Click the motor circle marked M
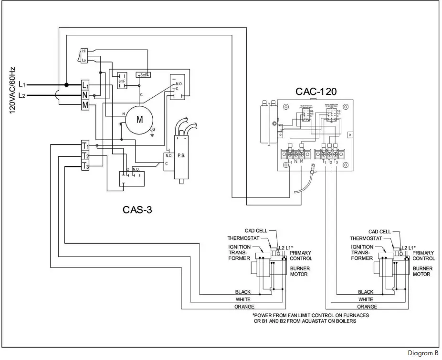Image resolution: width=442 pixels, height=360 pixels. point(140,120)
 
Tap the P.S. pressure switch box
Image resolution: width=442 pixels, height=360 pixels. point(181,155)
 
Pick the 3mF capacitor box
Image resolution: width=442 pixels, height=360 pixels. point(143,75)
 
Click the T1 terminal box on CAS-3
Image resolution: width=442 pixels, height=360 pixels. point(85,145)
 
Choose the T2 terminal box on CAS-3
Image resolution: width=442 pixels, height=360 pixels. point(85,156)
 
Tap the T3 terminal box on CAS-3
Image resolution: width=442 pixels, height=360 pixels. point(85,166)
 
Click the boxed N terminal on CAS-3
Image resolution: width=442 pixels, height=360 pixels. point(85,95)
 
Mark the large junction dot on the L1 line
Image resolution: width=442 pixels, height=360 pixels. point(67,85)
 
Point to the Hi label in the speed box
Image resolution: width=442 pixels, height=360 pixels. point(84,51)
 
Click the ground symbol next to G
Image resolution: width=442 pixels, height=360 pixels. point(151,134)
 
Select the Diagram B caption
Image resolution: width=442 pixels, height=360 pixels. point(422,353)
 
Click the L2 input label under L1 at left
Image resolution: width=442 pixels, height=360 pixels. point(22,95)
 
